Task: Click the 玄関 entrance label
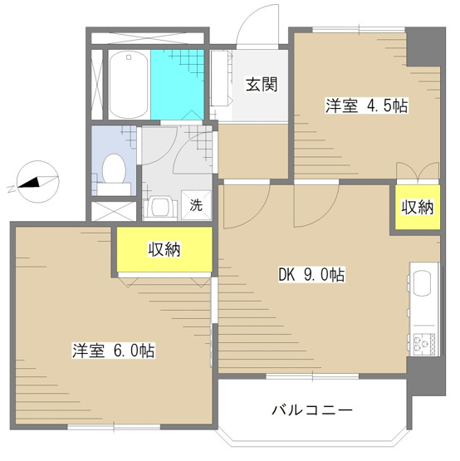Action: tap(260, 83)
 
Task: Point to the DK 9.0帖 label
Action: tap(316, 275)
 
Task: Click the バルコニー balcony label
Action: tap(313, 410)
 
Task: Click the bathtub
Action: tap(129, 85)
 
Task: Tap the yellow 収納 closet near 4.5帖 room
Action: tap(416, 207)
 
